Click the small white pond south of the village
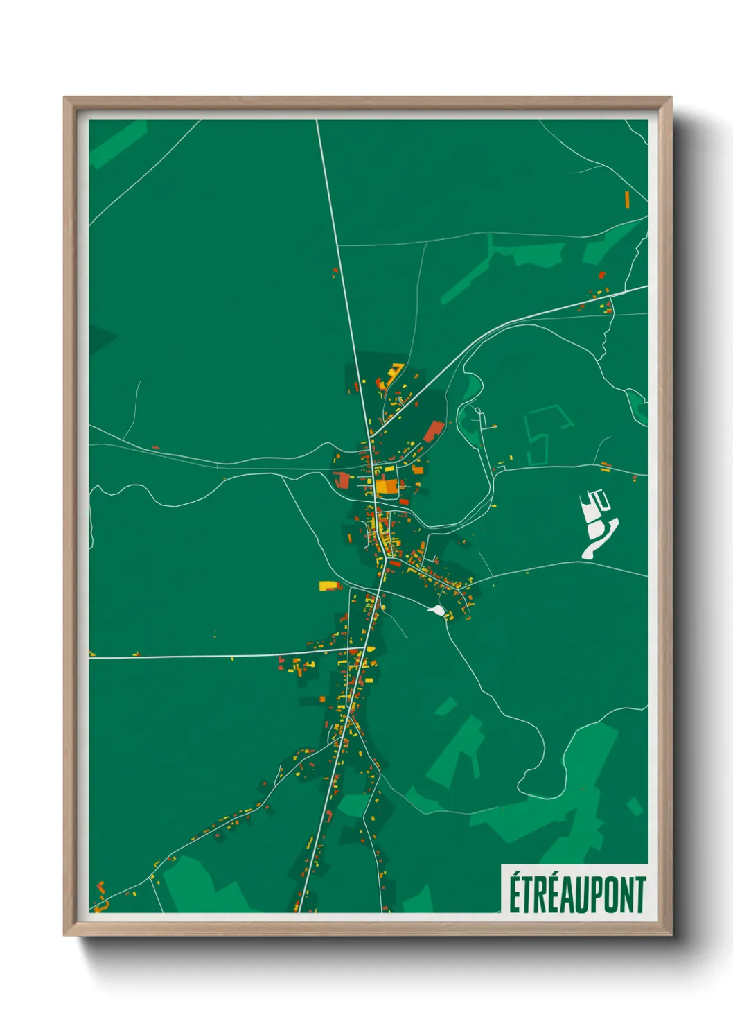click(x=436, y=610)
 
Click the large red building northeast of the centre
click(x=434, y=431)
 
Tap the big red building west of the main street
click(x=342, y=480)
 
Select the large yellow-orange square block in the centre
click(x=387, y=486)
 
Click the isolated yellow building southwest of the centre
click(x=327, y=586)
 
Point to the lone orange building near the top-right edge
click(x=627, y=199)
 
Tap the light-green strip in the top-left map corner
click(x=118, y=144)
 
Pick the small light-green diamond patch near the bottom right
click(x=635, y=806)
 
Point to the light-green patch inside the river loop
click(x=471, y=388)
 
